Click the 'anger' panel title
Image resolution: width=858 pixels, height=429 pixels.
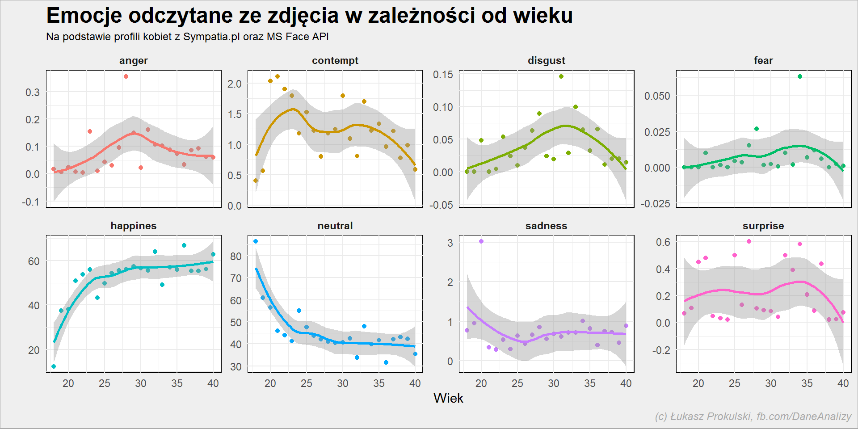point(133,61)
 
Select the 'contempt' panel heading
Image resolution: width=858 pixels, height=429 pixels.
point(335,60)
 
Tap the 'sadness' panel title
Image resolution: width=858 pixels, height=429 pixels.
point(546,226)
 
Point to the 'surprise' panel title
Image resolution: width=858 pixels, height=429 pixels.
point(763,226)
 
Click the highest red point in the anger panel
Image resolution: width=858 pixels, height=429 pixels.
point(126,76)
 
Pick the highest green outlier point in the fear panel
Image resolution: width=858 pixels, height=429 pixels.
point(800,76)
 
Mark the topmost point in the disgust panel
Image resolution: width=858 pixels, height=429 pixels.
point(561,76)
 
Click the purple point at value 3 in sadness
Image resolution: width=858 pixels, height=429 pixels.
point(481,241)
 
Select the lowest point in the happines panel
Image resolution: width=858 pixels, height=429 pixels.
point(54,366)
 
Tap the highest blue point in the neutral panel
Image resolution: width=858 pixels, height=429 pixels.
point(256,241)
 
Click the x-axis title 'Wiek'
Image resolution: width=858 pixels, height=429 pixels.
point(448,398)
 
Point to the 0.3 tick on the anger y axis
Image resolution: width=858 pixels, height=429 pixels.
point(32,93)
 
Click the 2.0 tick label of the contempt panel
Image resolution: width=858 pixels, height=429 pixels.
point(234,84)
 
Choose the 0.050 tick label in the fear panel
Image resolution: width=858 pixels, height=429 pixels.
point(657,96)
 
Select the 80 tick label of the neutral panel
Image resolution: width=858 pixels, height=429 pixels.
point(236,257)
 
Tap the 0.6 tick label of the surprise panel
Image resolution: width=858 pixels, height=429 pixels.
point(663,242)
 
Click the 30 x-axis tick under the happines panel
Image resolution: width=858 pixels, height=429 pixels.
point(140,383)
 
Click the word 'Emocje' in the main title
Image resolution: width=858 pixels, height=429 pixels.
point(84,16)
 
